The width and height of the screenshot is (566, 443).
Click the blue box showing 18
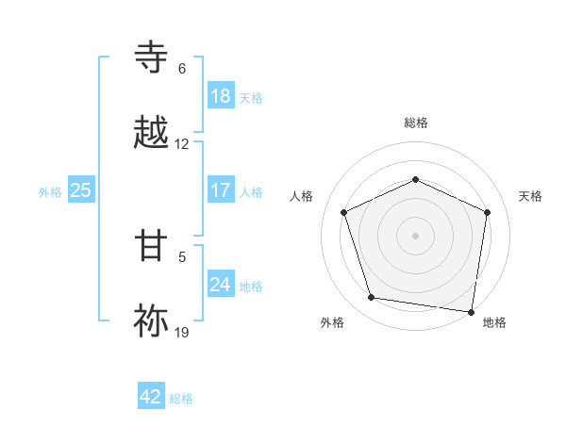221,96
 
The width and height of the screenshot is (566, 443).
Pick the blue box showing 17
221,190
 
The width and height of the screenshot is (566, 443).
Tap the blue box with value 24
221,285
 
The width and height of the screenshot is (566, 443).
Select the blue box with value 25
81,190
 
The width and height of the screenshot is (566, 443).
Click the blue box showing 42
151,397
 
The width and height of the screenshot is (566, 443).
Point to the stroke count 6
182,69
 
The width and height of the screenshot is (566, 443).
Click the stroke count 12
182,144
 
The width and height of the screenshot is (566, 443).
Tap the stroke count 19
182,332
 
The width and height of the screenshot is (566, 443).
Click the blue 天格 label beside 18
251,97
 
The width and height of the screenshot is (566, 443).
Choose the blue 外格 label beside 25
50,191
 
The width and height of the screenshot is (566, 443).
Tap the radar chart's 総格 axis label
416,123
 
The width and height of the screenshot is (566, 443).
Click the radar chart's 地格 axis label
494,322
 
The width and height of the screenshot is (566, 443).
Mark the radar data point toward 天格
488,211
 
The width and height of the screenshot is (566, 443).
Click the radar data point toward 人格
343,211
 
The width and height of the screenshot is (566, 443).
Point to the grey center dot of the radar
415,235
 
